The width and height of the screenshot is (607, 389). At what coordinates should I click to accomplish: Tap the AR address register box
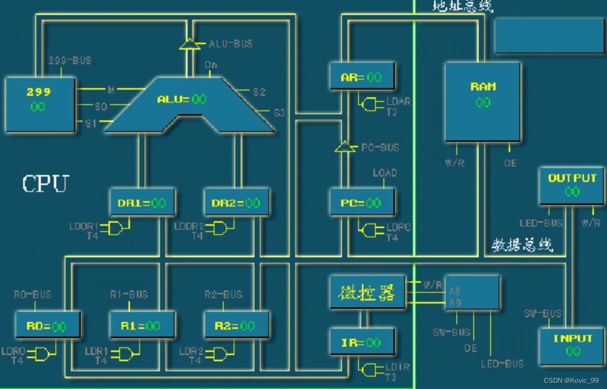[x=362, y=77]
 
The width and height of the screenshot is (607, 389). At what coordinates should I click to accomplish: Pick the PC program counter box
[x=362, y=202]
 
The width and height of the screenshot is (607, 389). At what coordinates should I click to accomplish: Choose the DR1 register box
[x=142, y=202]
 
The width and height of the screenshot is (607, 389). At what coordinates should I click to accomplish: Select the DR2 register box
[x=236, y=202]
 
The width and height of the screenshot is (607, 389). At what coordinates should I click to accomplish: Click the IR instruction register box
[x=362, y=342]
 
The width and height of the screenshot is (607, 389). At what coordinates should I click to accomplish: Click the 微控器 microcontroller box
[x=367, y=293]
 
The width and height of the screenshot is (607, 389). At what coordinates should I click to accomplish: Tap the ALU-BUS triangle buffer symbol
[x=190, y=45]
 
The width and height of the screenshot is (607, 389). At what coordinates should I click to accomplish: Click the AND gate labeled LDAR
[x=369, y=105]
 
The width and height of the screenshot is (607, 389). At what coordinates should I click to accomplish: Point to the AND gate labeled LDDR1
[x=116, y=228]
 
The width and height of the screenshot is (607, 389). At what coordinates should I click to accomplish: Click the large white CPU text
[x=45, y=184]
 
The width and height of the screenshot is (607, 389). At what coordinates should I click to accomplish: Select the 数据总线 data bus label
[x=522, y=245]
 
